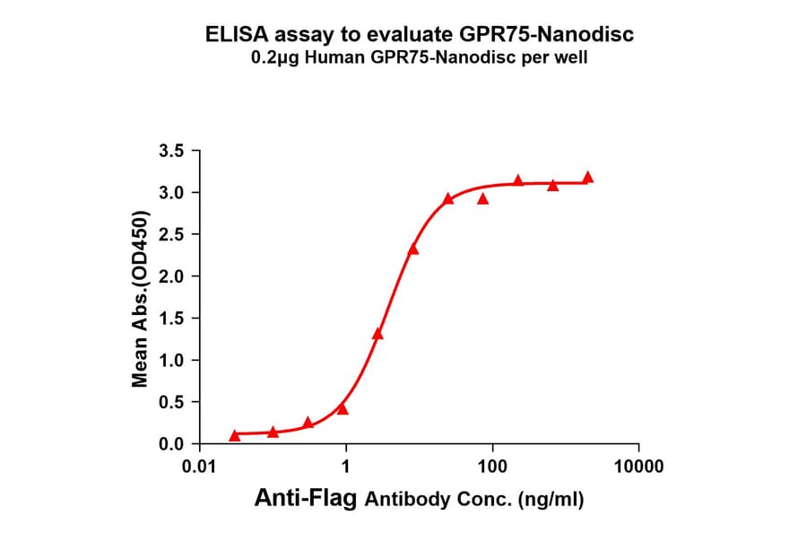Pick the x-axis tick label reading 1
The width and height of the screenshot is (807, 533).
(x=346, y=467)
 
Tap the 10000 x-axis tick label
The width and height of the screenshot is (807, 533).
(x=638, y=467)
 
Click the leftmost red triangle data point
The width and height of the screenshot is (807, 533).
(x=235, y=435)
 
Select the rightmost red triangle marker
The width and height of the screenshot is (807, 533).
(x=588, y=178)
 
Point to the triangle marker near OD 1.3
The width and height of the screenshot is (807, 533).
(x=377, y=334)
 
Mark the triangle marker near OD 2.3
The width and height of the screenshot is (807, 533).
(x=413, y=249)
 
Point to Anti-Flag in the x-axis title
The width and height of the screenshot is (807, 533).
(x=307, y=498)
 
